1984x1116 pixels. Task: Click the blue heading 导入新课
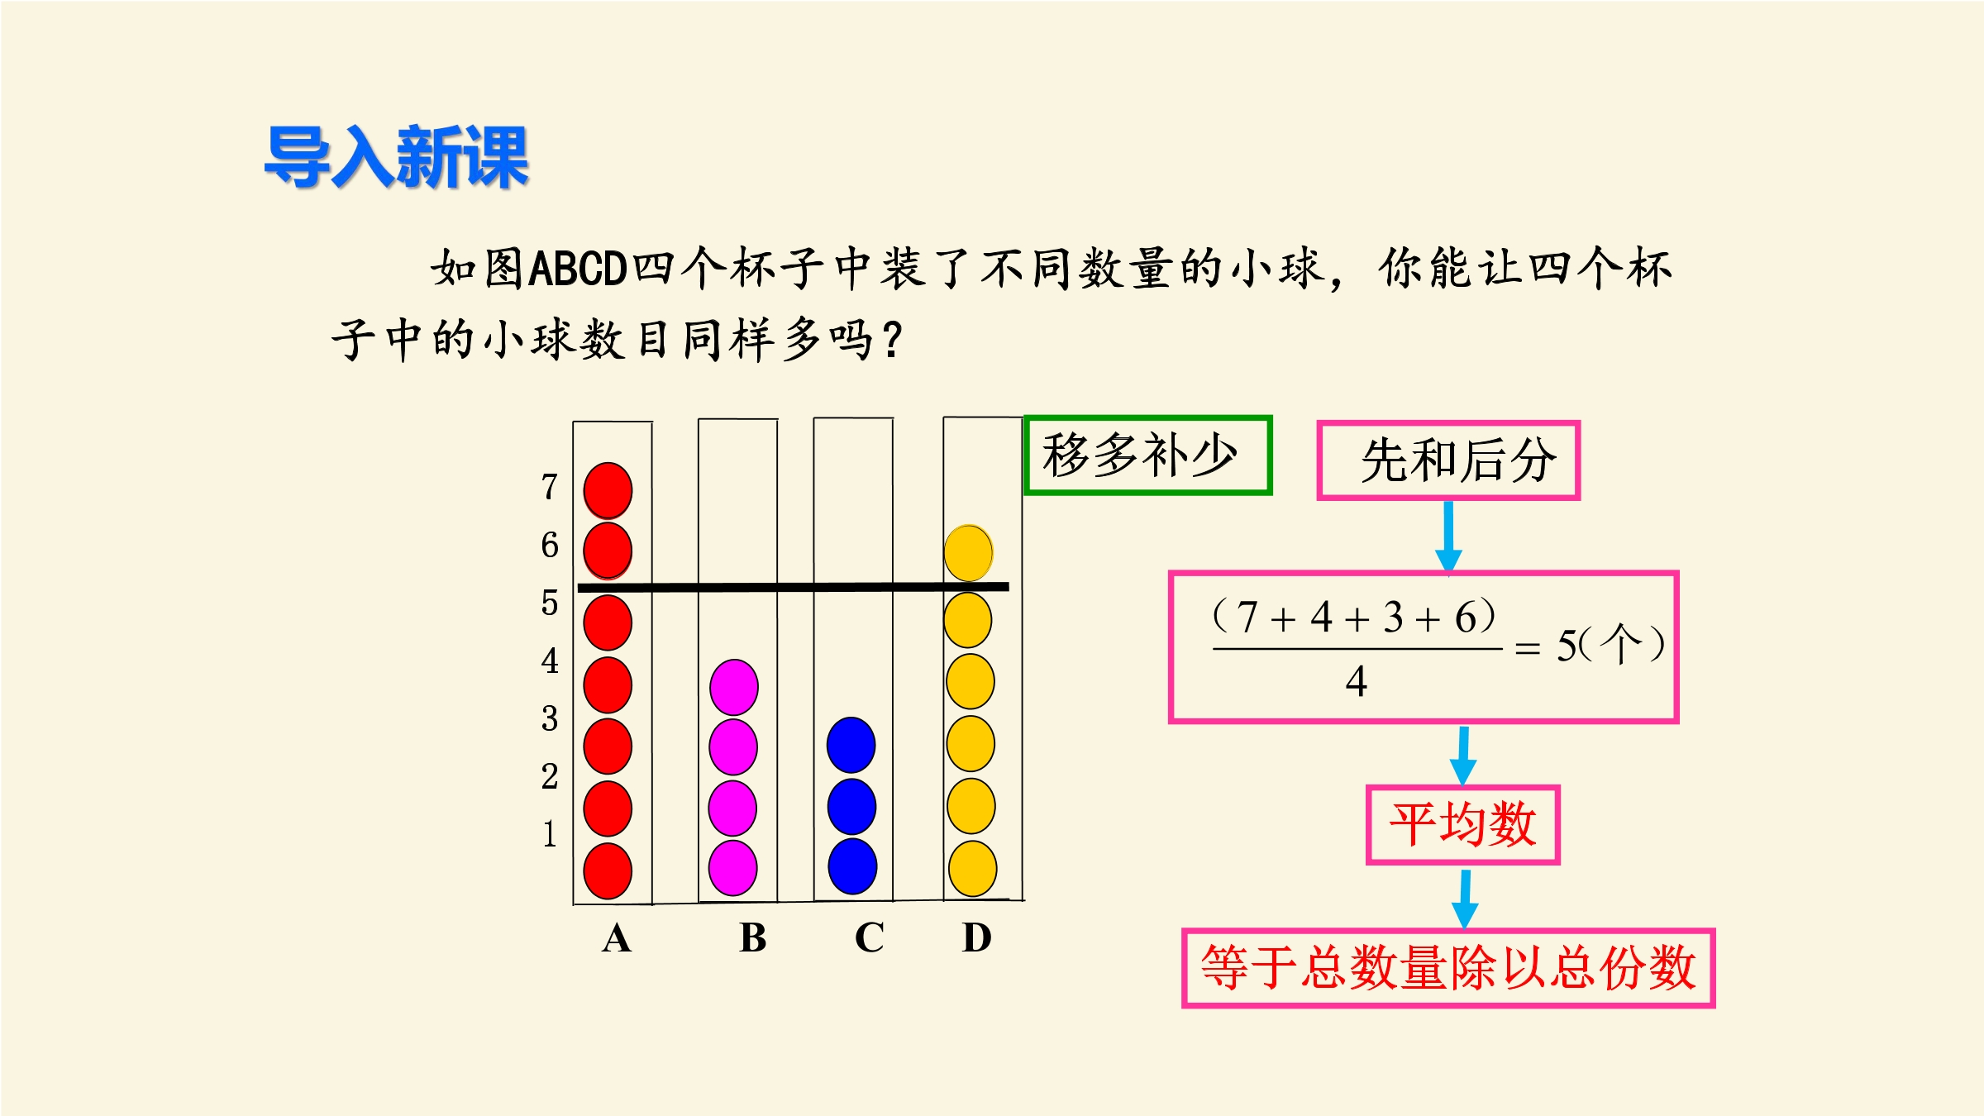[x=396, y=157]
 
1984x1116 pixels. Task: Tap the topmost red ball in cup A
[x=608, y=490]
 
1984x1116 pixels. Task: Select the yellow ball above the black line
[x=968, y=552]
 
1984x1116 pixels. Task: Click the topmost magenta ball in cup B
[x=733, y=687]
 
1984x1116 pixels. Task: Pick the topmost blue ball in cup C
[x=851, y=745]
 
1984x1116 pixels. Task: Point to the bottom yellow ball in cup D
[x=972, y=868]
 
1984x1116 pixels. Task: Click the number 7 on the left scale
[x=550, y=487]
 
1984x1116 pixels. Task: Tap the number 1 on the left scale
[x=550, y=833]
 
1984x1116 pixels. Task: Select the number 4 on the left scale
[x=550, y=661]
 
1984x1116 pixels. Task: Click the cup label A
[x=617, y=938]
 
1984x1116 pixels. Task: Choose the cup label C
[x=869, y=938]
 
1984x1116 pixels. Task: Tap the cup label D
[x=976, y=937]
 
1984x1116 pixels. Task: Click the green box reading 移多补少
[x=1147, y=455]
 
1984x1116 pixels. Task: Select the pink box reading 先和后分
[x=1448, y=460]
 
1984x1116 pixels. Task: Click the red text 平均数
[x=1462, y=824]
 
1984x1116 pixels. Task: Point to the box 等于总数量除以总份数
[x=1448, y=968]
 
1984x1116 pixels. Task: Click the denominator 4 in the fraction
[x=1356, y=682]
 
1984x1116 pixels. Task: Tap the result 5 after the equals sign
[x=1567, y=646]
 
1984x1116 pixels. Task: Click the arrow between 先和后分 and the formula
[x=1448, y=537]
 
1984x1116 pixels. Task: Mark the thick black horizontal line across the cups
[x=793, y=587]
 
